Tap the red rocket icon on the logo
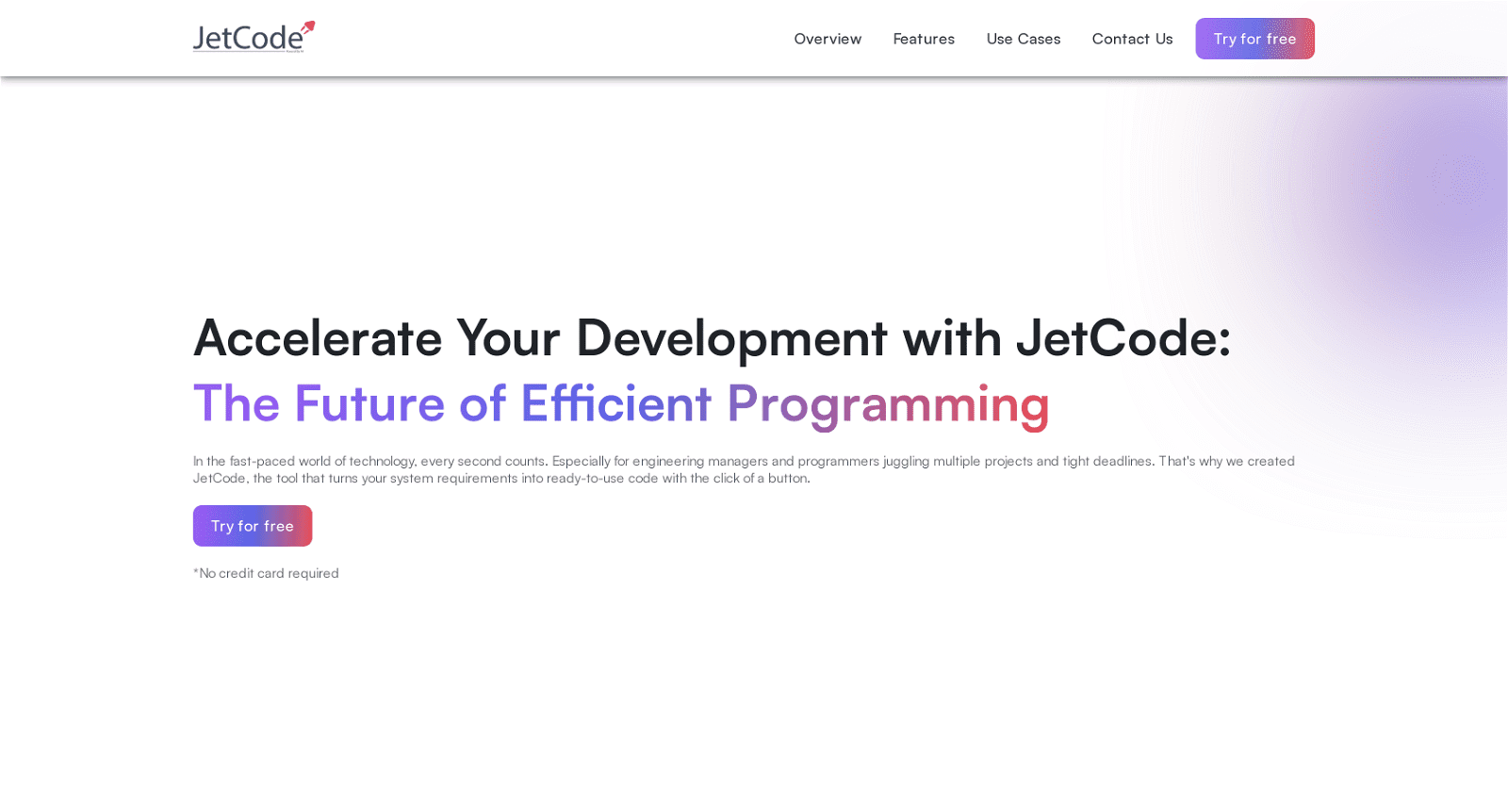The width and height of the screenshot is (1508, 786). [x=308, y=28]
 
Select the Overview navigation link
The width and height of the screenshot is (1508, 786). [x=828, y=39]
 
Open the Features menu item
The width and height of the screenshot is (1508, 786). [x=924, y=39]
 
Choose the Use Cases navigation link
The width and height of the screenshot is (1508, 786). [x=1024, y=39]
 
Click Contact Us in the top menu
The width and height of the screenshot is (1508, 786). [x=1132, y=39]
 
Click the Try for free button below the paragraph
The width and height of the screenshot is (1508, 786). [x=253, y=526]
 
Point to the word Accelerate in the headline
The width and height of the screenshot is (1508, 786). [x=318, y=338]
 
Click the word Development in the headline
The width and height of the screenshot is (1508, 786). [x=731, y=338]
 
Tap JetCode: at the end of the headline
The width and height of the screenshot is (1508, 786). [x=1123, y=338]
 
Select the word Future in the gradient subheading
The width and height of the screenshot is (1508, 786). [x=369, y=404]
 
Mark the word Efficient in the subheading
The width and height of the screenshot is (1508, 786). [x=615, y=404]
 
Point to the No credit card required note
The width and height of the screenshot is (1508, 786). [x=267, y=573]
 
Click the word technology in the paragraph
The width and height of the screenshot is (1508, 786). [x=383, y=462]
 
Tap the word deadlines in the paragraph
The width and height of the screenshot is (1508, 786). [x=1123, y=462]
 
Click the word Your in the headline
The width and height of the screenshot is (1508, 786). [x=509, y=338]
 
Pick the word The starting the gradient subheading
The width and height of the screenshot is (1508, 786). [x=237, y=404]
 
